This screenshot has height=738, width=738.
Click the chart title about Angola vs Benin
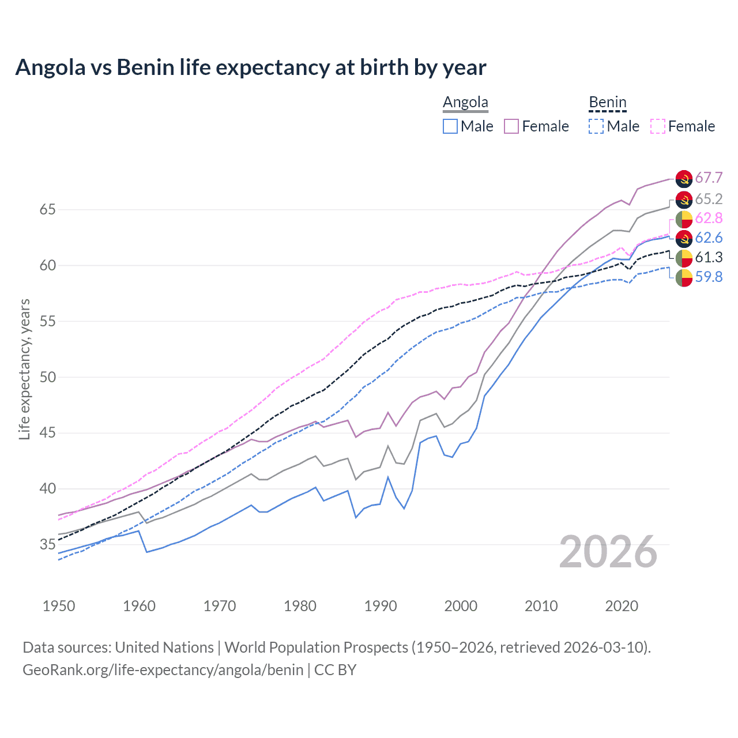pyautogui.click(x=251, y=67)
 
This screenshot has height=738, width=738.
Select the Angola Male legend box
pyautogui.click(x=450, y=126)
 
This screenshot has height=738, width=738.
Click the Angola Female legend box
pyautogui.click(x=511, y=126)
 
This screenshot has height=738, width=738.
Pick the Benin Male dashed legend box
pyautogui.click(x=596, y=126)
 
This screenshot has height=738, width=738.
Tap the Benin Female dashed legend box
pyautogui.click(x=658, y=126)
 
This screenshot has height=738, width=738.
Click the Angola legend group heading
pyautogui.click(x=465, y=103)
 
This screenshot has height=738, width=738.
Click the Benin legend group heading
pyautogui.click(x=607, y=103)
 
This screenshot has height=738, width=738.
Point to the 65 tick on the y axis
pyautogui.click(x=47, y=209)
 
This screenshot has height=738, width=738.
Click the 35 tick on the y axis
pyautogui.click(x=47, y=544)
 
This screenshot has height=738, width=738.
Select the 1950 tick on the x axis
pyautogui.click(x=59, y=606)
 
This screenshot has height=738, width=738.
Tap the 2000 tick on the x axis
pyautogui.click(x=461, y=606)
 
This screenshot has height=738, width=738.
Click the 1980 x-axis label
pyautogui.click(x=300, y=606)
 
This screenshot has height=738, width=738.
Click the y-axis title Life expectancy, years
pyautogui.click(x=24, y=369)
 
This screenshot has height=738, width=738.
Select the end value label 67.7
pyautogui.click(x=709, y=178)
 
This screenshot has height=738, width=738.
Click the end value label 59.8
pyautogui.click(x=709, y=277)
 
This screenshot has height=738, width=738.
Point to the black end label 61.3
pyautogui.click(x=709, y=257)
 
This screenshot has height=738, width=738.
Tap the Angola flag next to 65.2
pyautogui.click(x=684, y=199)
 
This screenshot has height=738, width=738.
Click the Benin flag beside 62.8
pyautogui.click(x=684, y=219)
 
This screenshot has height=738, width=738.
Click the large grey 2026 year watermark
pyautogui.click(x=608, y=552)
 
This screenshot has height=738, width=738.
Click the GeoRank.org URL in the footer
pyautogui.click(x=163, y=670)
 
